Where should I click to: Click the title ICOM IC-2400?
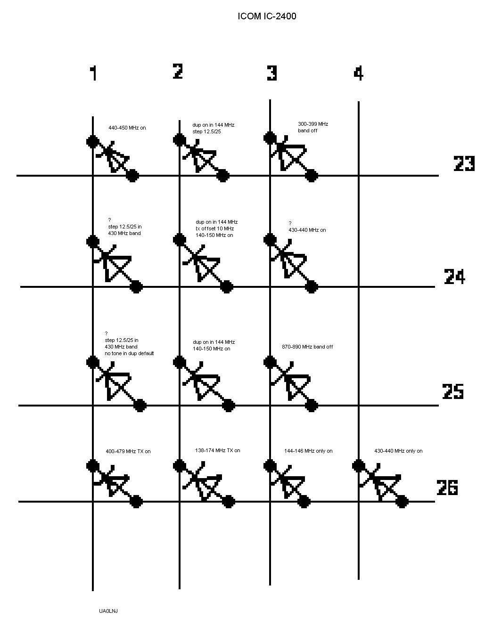[x=267, y=16]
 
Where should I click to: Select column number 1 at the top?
[x=94, y=73]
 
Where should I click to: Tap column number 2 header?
[x=178, y=71]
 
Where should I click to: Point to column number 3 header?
[x=272, y=73]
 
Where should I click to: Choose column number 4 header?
[x=359, y=73]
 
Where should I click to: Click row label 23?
[x=464, y=163]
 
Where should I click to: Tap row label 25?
[x=452, y=391]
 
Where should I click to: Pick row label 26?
[x=447, y=488]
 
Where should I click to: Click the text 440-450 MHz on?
[x=127, y=128]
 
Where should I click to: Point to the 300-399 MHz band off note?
[x=312, y=127]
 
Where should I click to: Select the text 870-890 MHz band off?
[x=307, y=347]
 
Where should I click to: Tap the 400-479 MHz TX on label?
[x=128, y=451]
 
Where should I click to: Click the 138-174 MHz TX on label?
[x=217, y=450]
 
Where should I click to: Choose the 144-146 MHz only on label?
[x=308, y=451]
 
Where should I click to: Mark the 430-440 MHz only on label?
[x=398, y=451]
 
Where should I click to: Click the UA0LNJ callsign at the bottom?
[x=108, y=611]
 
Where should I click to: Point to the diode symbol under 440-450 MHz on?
[x=113, y=157]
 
